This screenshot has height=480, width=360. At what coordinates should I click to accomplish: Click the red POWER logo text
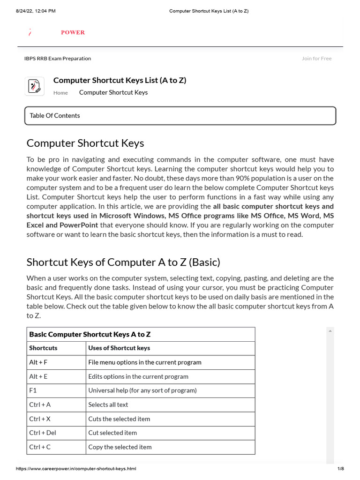[x=73, y=32]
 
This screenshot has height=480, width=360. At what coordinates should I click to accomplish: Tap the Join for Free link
[x=316, y=59]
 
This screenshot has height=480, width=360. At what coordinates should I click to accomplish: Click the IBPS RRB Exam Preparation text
[x=58, y=59]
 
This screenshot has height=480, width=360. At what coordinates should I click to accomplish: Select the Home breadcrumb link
[x=60, y=93]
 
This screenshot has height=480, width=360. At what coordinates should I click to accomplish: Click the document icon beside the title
[x=34, y=86]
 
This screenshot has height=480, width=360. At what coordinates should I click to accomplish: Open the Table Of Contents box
[x=180, y=116]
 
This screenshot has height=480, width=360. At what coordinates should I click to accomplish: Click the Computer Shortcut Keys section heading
[x=85, y=143]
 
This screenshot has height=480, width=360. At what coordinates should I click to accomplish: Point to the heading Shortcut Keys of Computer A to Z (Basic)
[x=123, y=262]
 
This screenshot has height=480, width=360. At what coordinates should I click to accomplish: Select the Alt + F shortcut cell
[x=38, y=362]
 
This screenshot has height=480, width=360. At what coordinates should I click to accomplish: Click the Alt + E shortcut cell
[x=38, y=376]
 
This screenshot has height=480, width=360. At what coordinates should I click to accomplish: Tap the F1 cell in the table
[x=33, y=390]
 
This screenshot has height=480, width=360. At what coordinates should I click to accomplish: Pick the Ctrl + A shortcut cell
[x=40, y=405]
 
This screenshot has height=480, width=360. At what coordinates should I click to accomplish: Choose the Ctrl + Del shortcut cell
[x=42, y=433]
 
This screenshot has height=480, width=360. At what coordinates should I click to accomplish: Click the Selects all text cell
[x=108, y=405]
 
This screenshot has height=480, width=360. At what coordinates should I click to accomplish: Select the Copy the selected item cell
[x=120, y=447]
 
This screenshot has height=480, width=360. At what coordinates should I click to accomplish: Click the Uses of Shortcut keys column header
[x=119, y=348]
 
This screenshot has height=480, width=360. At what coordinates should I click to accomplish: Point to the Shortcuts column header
[x=43, y=348]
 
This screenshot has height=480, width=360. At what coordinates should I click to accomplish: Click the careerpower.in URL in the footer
[x=76, y=469]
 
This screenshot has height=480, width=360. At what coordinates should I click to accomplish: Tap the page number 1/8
[x=340, y=469]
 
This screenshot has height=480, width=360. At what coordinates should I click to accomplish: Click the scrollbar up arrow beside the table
[x=330, y=331]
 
